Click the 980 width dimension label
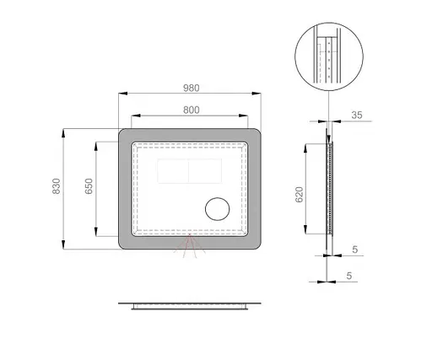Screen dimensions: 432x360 192,88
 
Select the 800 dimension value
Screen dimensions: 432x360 192,110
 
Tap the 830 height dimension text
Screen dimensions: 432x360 57,186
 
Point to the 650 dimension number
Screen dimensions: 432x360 89,186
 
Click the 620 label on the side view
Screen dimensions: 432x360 300,194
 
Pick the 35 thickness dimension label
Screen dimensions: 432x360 357,115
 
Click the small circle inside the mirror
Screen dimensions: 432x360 218,209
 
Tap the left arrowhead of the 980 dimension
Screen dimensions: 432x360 123,94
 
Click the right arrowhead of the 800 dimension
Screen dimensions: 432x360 244,116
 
